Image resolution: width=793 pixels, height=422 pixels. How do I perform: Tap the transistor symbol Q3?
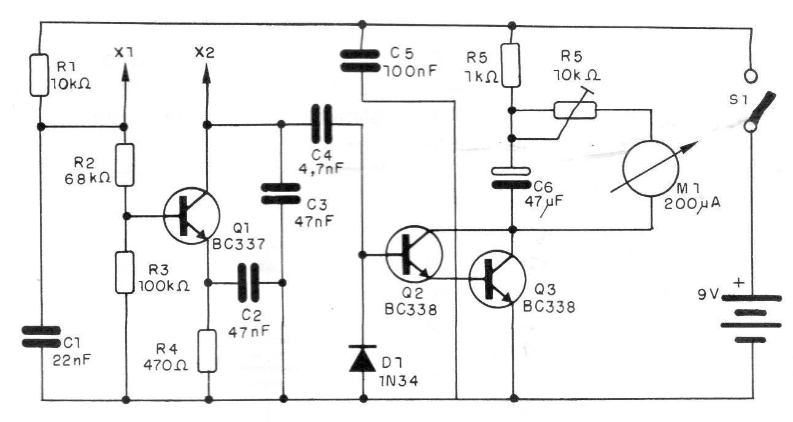point(497,278)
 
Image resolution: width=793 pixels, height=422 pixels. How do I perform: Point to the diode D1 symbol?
point(362,358)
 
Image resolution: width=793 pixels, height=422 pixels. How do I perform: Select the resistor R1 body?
point(39,75)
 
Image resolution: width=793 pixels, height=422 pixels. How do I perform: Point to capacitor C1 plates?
point(41,336)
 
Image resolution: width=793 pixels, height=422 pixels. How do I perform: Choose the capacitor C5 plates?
point(362,61)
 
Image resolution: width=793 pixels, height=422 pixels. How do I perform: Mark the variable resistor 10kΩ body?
point(574,110)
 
